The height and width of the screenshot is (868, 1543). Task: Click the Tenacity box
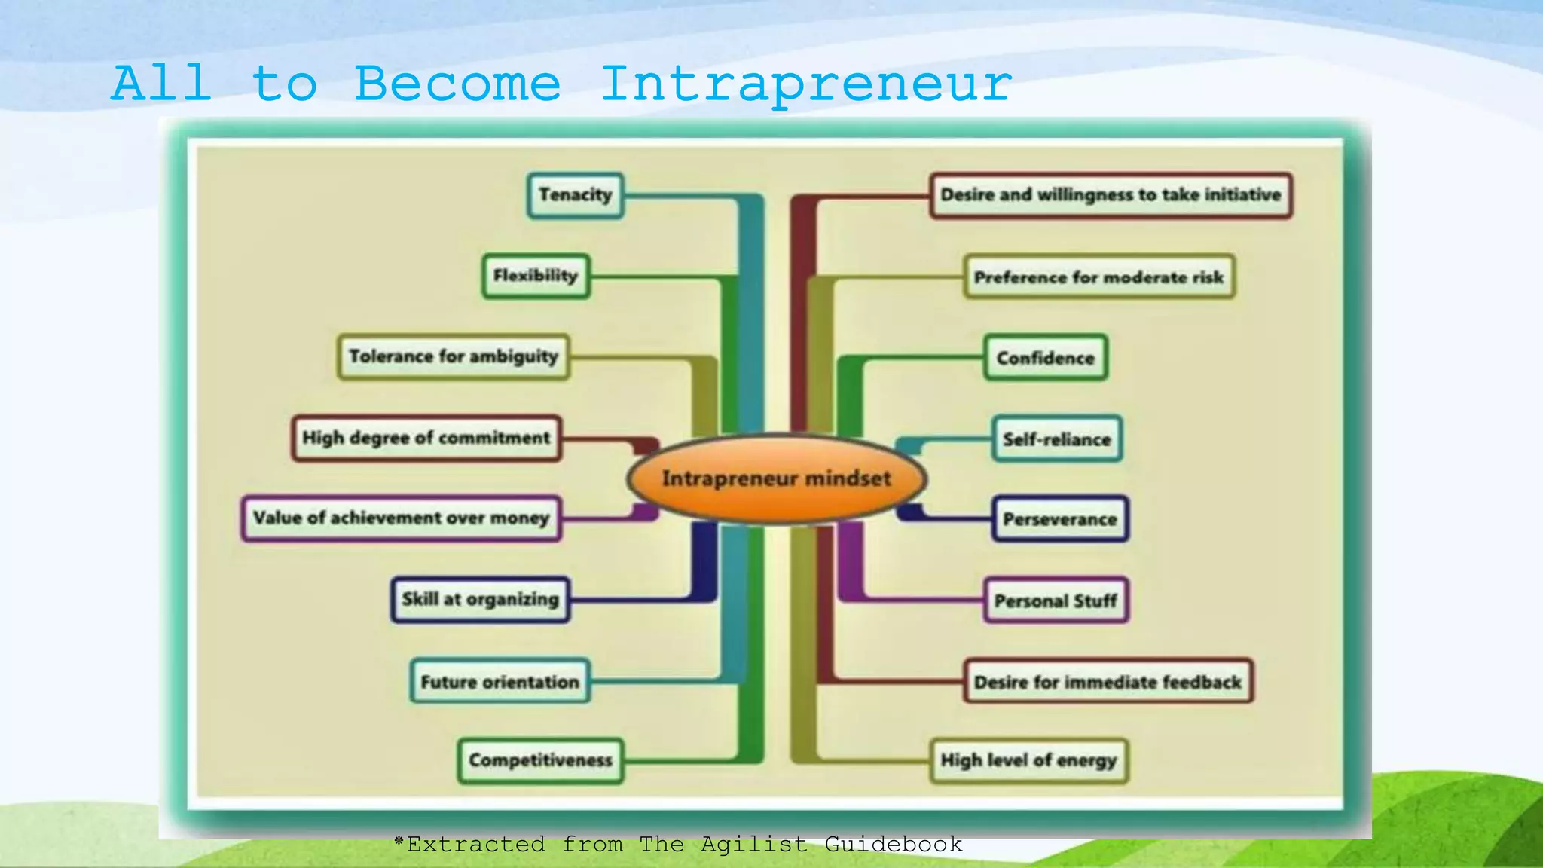[576, 195]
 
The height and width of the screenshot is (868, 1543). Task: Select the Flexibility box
[536, 276]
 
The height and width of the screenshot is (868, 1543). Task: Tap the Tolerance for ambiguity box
[453, 356]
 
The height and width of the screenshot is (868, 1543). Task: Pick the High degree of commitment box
[426, 438]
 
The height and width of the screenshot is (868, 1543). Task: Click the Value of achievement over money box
[401, 518]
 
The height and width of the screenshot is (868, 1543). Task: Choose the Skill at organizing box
[480, 600]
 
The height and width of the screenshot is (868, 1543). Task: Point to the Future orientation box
[500, 682]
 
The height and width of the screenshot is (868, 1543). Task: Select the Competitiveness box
[540, 760]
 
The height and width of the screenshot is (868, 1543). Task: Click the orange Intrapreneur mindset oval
[776, 478]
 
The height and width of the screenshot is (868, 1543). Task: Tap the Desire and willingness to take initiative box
[1111, 195]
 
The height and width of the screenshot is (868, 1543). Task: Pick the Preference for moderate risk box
[1098, 277]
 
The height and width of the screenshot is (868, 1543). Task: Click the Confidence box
[1046, 358]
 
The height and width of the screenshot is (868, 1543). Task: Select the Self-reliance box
[1056, 439]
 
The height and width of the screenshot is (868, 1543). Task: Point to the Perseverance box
[1059, 519]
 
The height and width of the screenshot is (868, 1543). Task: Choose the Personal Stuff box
[1056, 601]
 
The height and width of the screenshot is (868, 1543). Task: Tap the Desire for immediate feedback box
[1108, 682]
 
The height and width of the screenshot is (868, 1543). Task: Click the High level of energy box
[1028, 760]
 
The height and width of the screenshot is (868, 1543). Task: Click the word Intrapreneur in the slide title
[806, 84]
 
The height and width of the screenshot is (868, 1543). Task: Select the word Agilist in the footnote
[753, 845]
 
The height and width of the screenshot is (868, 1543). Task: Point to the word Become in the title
[458, 84]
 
